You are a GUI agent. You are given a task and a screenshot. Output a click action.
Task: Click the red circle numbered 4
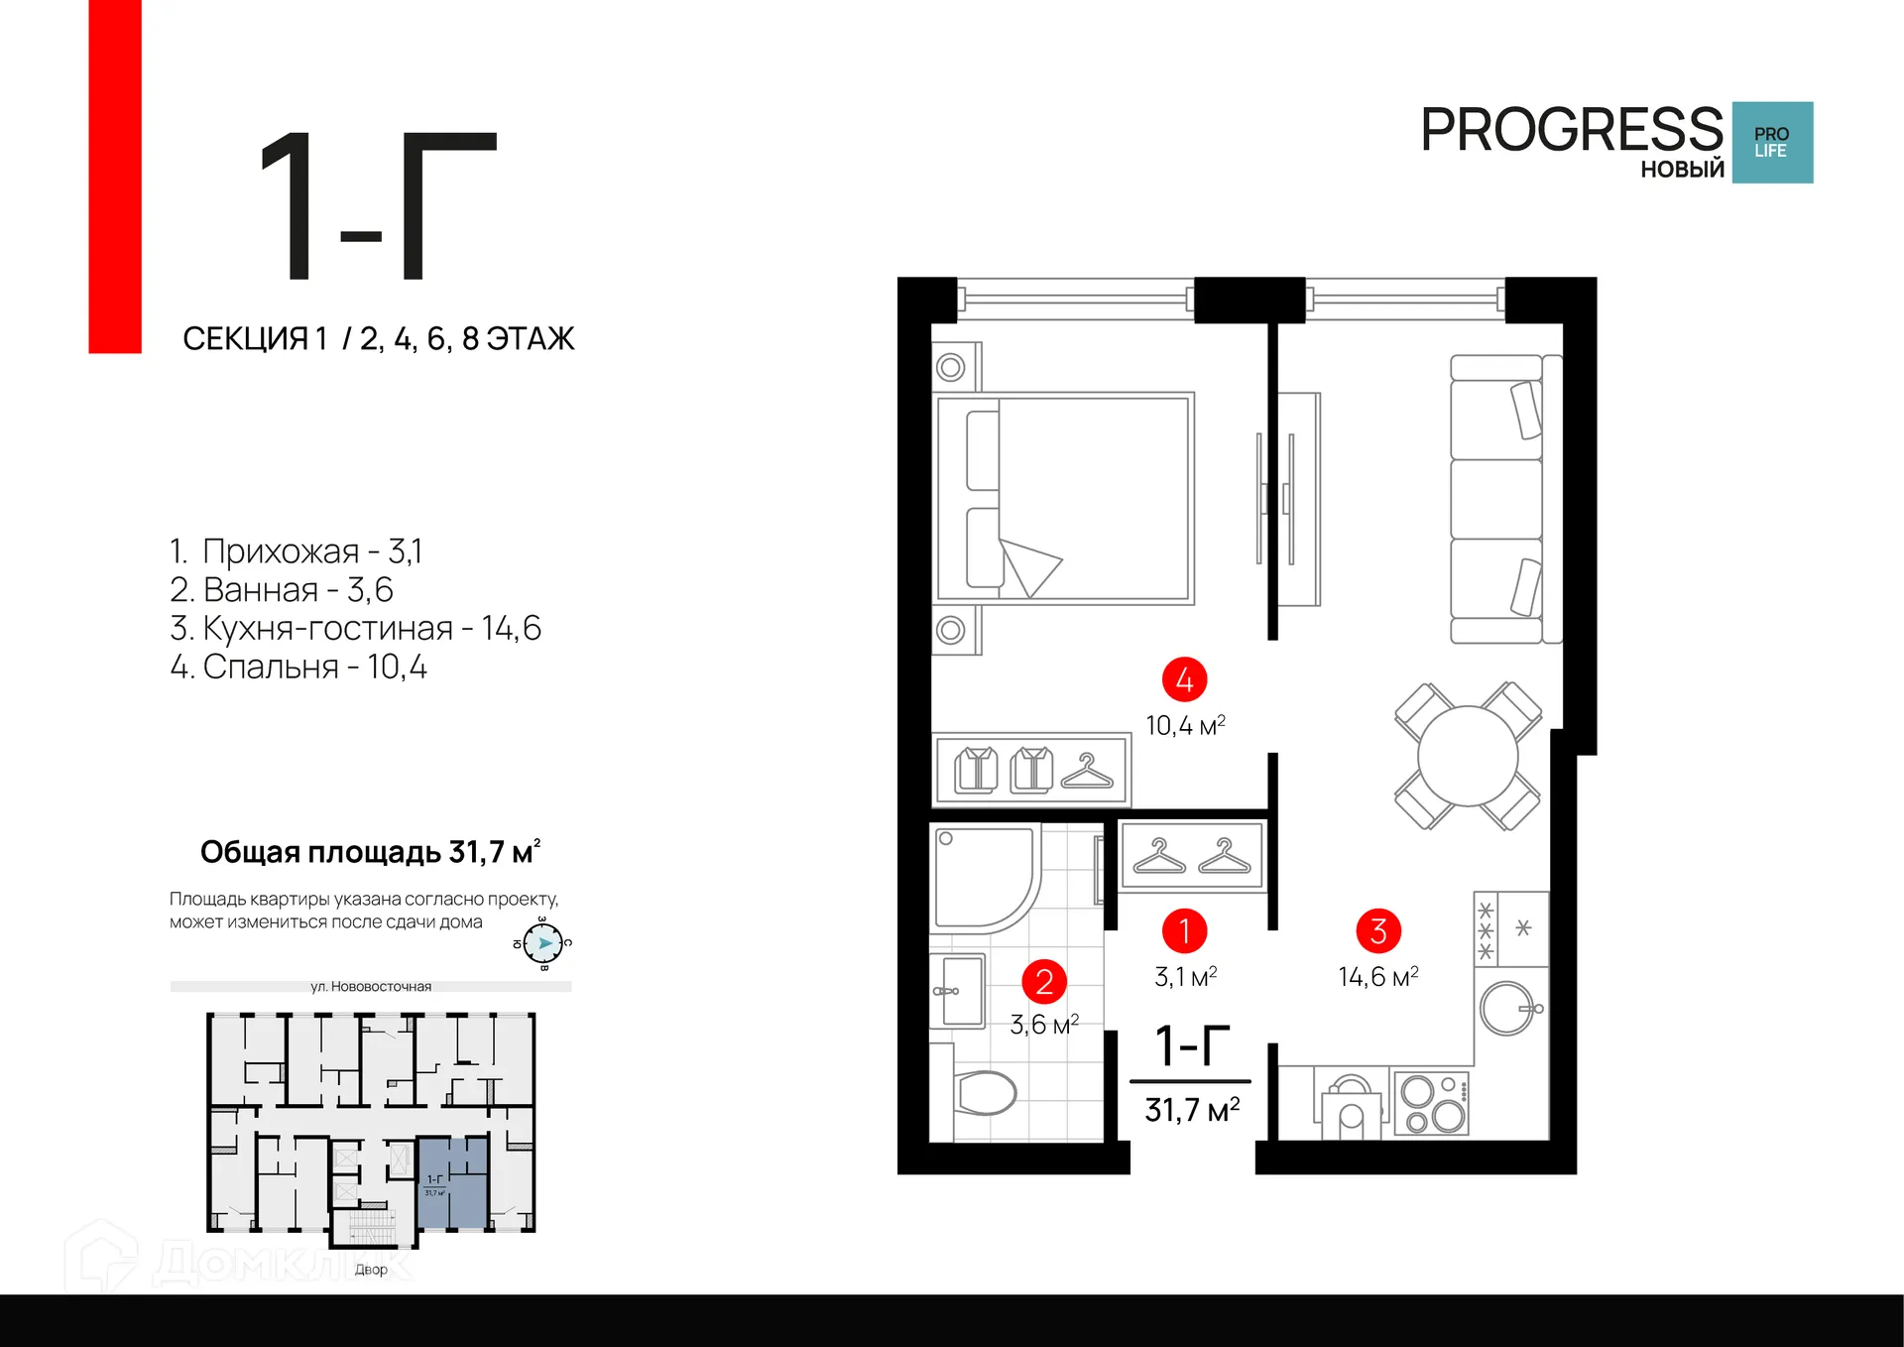[x=1184, y=680]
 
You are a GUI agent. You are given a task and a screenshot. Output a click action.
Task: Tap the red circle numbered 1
[x=1184, y=931]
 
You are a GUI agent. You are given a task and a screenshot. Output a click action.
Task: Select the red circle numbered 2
[x=1044, y=982]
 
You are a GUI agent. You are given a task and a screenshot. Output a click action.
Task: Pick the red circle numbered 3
[x=1377, y=931]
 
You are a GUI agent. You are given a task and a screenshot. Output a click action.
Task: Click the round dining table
[x=1468, y=756]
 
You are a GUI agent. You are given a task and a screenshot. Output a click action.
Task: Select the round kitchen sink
[x=1507, y=1009]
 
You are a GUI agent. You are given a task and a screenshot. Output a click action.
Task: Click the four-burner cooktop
[x=1431, y=1104]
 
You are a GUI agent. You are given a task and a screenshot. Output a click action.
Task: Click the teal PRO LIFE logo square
[x=1772, y=142]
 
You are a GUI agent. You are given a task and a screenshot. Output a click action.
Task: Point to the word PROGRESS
[x=1572, y=130]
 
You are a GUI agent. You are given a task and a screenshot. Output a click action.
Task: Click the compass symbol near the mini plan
[x=543, y=943]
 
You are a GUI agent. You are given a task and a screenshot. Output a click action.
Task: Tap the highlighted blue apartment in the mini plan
[x=453, y=1182]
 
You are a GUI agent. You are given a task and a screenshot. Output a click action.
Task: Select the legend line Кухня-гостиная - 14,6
[x=355, y=628]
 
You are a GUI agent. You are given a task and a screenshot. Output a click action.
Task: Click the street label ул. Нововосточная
[x=371, y=986]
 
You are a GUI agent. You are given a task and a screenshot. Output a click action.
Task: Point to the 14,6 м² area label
[x=1377, y=977]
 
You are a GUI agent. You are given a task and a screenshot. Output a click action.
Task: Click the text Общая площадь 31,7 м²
[x=370, y=852]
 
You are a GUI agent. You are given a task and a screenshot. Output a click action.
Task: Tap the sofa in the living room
[x=1497, y=499]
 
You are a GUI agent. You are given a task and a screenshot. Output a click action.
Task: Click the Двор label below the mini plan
[x=371, y=1269]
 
